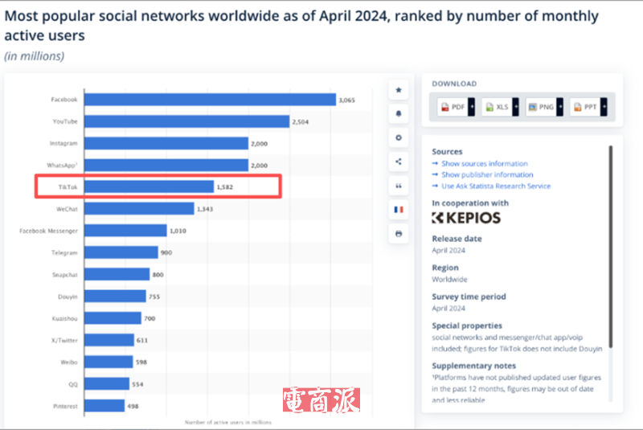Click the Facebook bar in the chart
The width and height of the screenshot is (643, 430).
(x=210, y=100)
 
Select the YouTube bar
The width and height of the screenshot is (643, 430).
(x=186, y=121)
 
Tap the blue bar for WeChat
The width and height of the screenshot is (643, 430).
(x=139, y=208)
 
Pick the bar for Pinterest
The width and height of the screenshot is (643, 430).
(x=104, y=405)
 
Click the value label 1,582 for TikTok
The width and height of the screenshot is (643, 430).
(x=225, y=187)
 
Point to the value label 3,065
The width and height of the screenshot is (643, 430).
(x=347, y=100)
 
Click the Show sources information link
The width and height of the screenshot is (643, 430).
(x=484, y=163)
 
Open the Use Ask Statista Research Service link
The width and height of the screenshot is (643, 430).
(x=495, y=186)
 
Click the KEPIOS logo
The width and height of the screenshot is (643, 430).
(x=465, y=218)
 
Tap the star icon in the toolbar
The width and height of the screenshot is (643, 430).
(x=398, y=89)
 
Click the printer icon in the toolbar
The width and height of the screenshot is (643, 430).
(x=398, y=233)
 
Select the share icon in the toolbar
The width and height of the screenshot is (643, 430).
(x=398, y=162)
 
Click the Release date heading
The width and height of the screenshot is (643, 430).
(x=457, y=239)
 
